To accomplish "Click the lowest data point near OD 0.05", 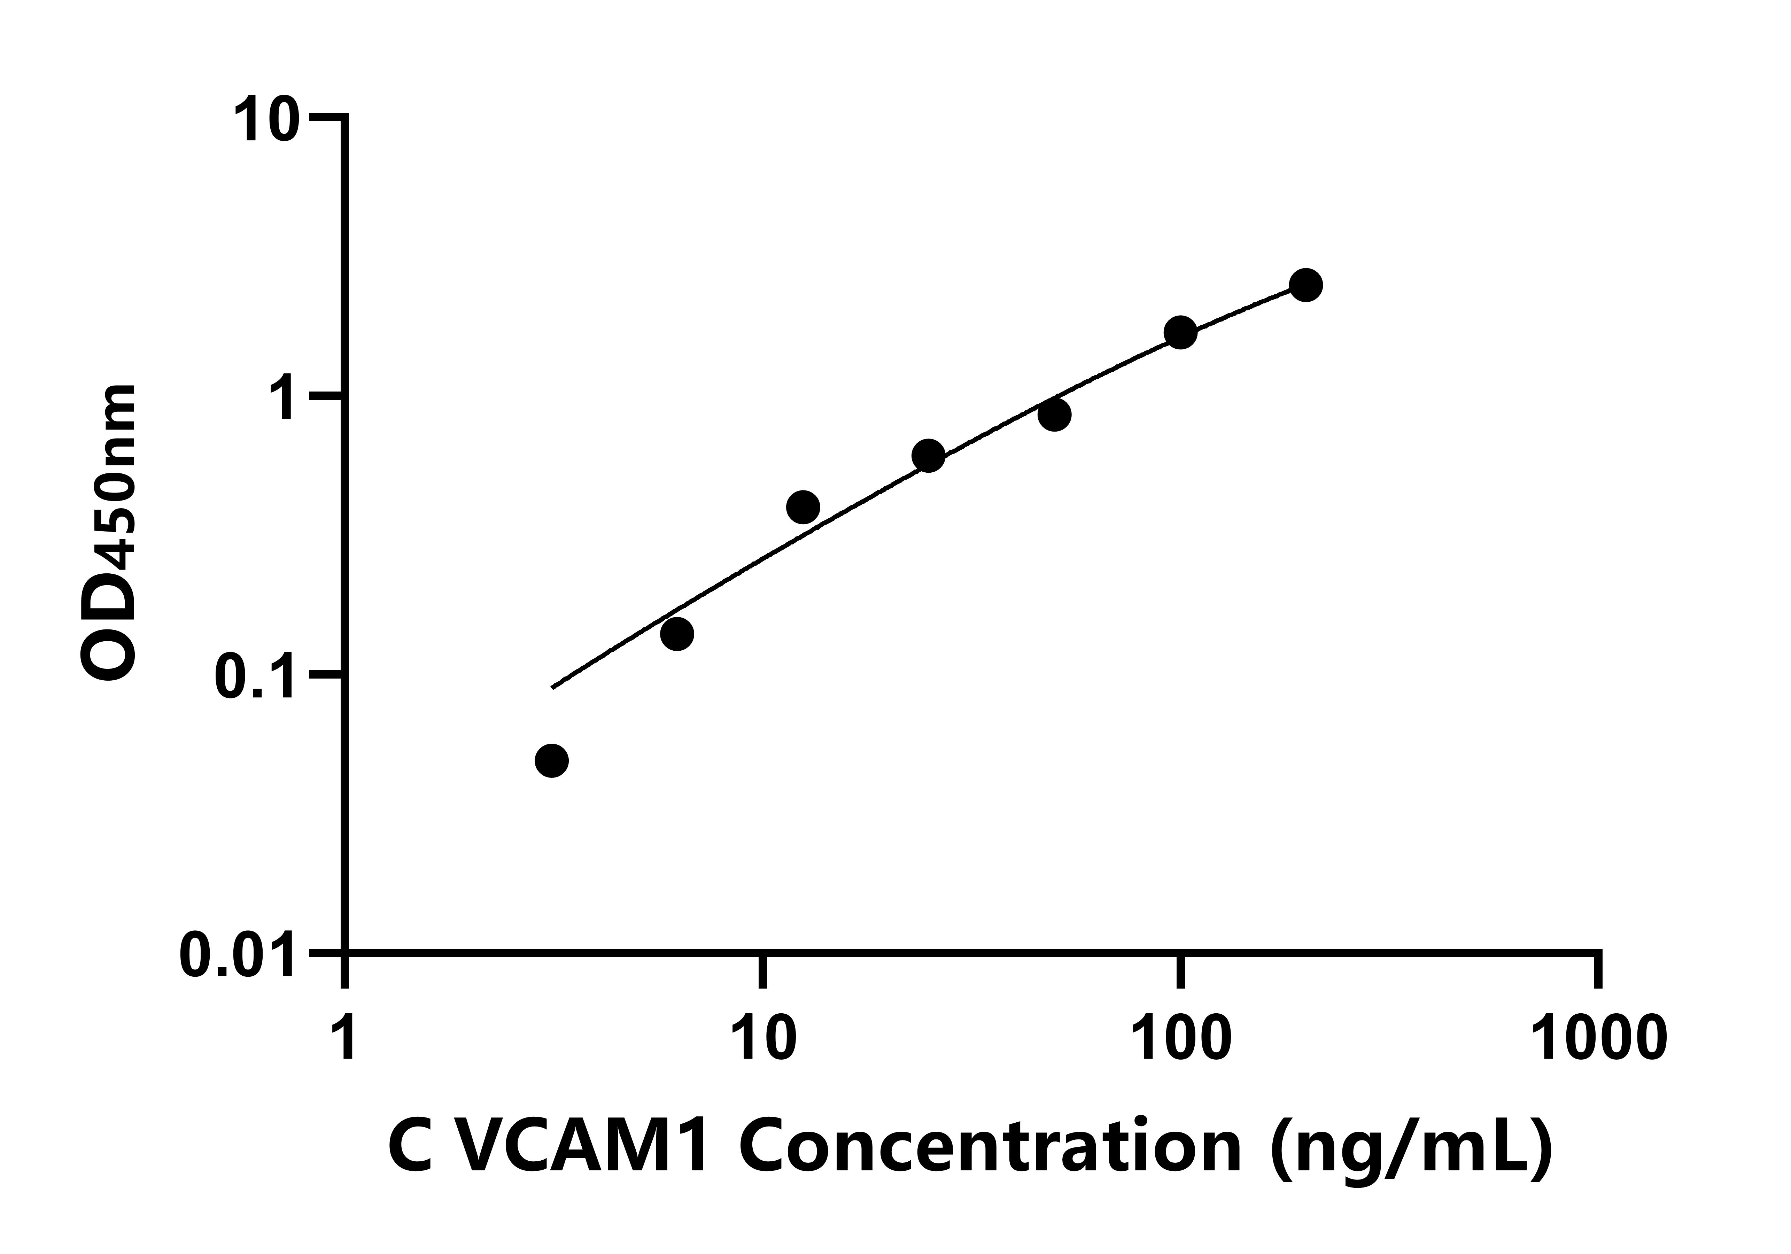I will [x=551, y=761].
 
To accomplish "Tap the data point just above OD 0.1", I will [x=677, y=634].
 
